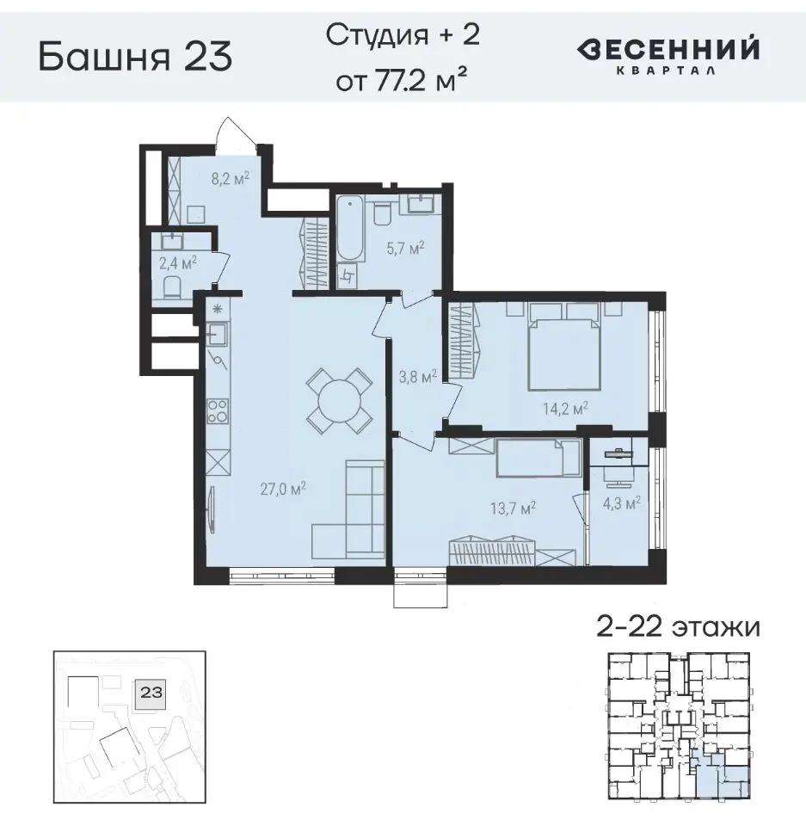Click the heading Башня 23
pos(135,58)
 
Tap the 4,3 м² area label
pos(619,503)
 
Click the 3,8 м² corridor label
pos(417,375)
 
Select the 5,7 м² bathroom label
pos(405,249)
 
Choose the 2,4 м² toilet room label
pos(178,262)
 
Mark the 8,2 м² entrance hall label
pos(229,178)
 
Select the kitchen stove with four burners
pos(218,412)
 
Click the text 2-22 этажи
pos(678,626)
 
